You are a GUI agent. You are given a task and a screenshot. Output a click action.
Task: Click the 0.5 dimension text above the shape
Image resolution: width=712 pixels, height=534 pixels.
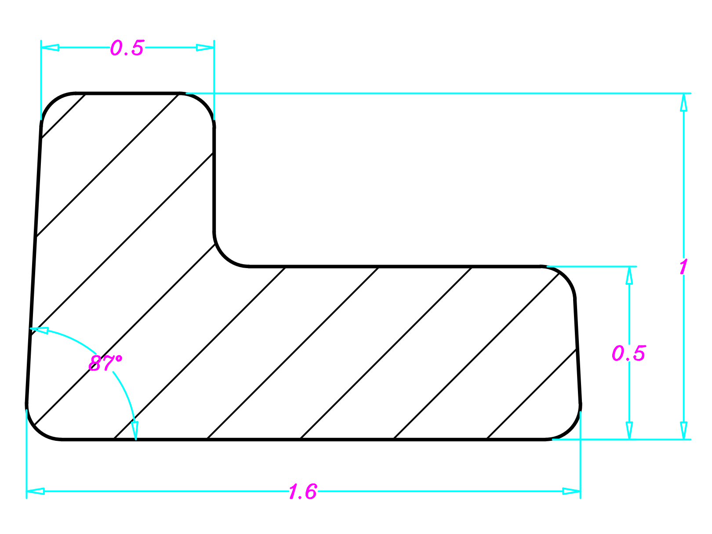tap(127, 48)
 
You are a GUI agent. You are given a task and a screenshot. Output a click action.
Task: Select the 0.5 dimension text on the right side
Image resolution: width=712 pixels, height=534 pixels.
tap(628, 353)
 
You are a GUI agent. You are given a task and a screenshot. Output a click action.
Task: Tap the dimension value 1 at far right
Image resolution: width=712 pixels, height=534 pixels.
tap(683, 267)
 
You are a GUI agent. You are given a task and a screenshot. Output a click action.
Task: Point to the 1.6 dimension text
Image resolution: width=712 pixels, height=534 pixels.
tap(302, 492)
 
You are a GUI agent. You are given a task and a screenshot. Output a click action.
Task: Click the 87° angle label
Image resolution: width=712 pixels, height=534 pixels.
tap(105, 363)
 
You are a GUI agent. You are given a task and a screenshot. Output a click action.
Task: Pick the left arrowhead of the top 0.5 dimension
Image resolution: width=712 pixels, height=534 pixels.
tap(50, 47)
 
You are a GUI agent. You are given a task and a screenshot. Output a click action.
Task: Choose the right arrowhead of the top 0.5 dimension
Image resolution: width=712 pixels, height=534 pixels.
tap(205, 47)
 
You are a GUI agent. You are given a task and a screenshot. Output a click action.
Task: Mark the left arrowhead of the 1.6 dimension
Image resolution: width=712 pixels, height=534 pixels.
tap(36, 491)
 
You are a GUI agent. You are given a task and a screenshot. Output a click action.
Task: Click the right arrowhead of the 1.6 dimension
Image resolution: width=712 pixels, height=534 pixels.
tap(571, 491)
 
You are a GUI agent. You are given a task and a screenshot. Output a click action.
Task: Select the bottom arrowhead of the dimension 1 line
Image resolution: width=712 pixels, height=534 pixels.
tap(683, 430)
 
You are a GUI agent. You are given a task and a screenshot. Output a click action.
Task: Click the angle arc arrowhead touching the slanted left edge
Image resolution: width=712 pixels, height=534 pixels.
tap(39, 330)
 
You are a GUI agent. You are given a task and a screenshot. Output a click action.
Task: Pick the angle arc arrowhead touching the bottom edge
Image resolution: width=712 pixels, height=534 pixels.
tap(135, 430)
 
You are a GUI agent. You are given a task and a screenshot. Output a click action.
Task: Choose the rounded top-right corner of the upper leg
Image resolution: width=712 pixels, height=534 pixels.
tap(204, 103)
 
